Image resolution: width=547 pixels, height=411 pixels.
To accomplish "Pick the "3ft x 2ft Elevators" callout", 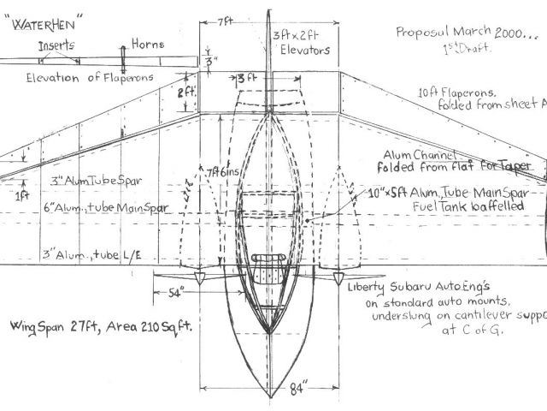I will [301, 44].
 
